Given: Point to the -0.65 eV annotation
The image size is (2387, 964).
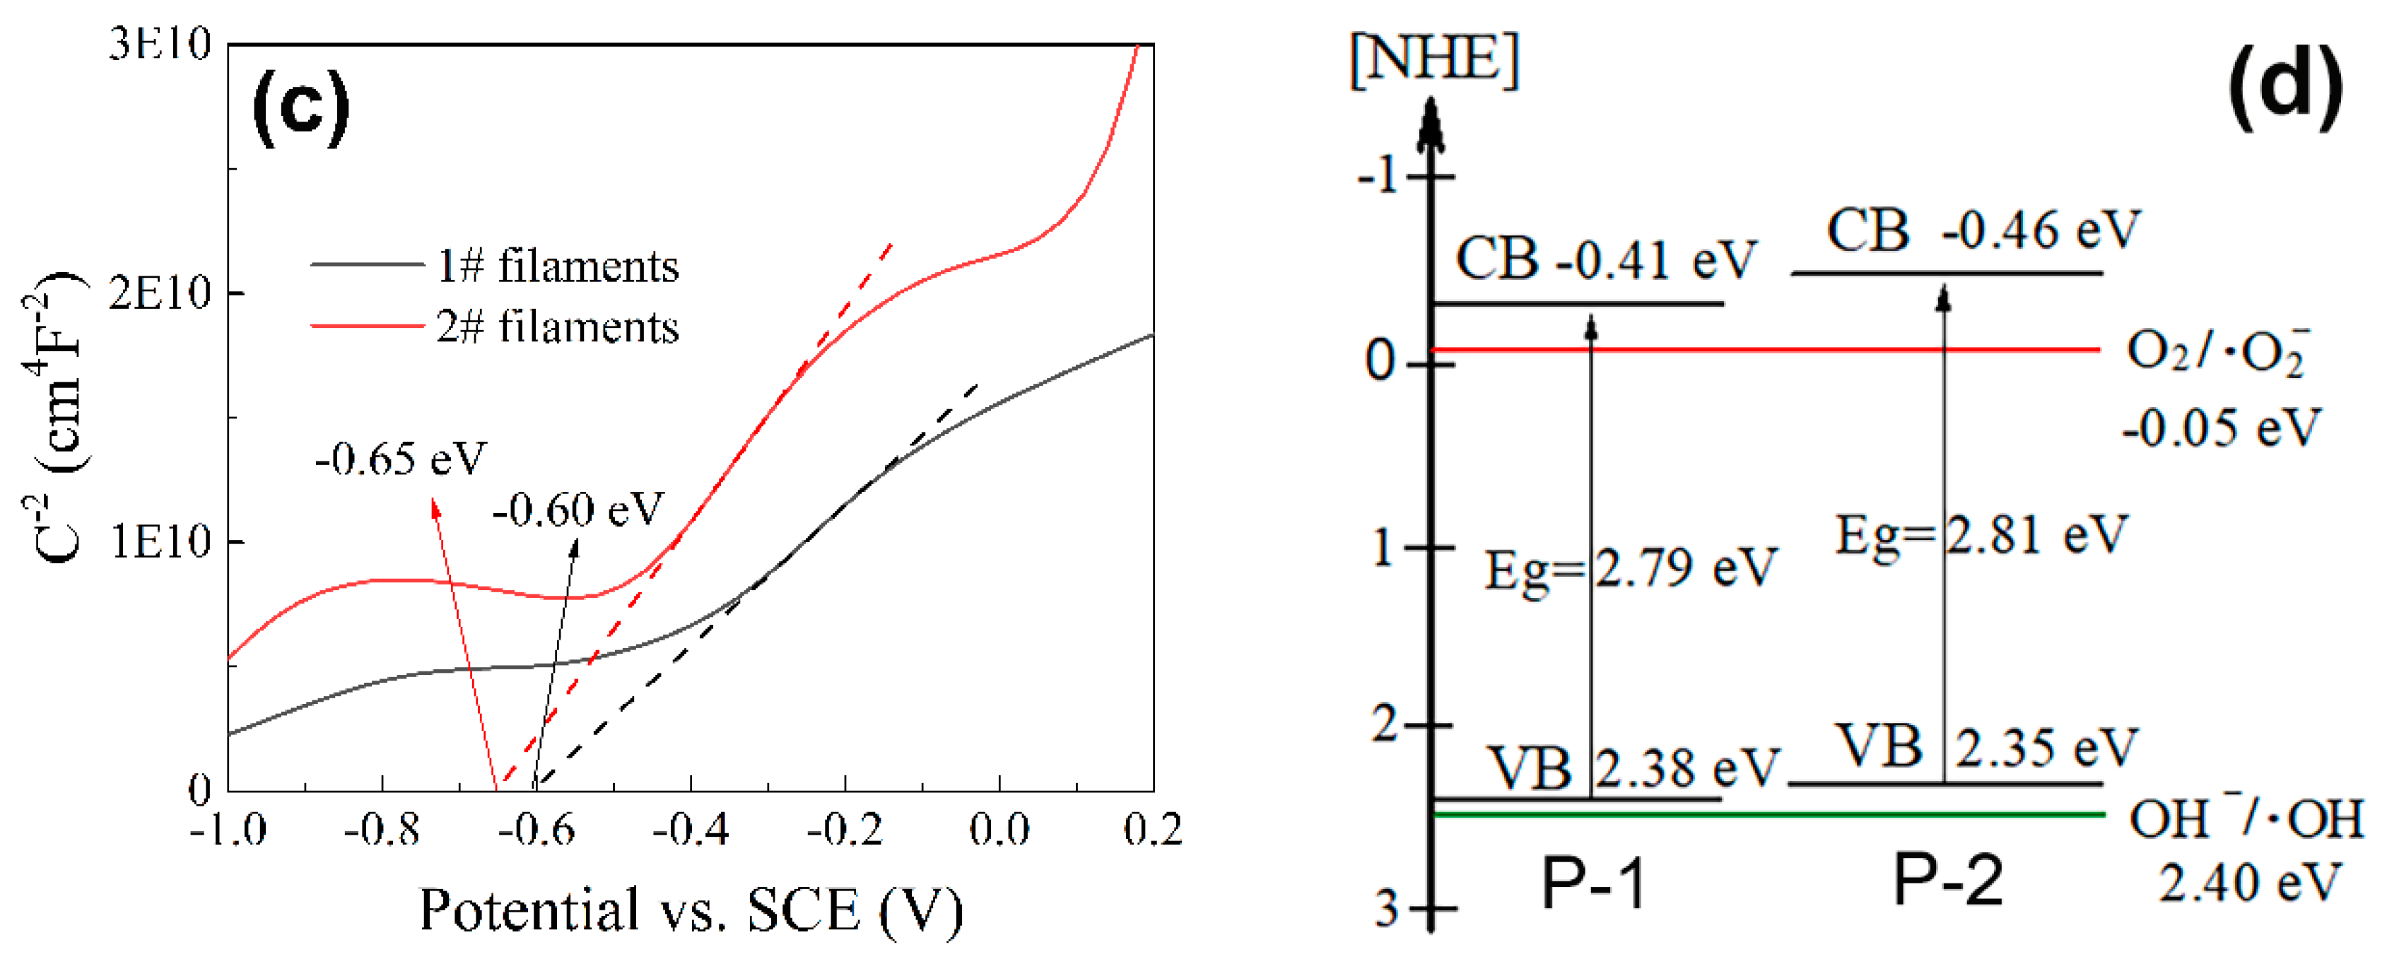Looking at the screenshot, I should (x=400, y=458).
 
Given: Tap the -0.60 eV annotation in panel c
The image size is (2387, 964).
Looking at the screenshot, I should (x=578, y=509).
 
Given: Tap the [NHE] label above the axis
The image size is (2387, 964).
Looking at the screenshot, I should (x=1434, y=60).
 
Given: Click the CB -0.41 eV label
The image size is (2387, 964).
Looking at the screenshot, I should (x=1605, y=259).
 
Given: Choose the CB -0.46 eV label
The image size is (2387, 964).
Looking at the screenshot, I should (x=1983, y=230).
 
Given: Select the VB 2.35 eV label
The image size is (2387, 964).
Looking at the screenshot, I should (x=1987, y=746).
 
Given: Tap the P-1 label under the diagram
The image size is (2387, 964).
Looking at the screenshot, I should (x=1593, y=883).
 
